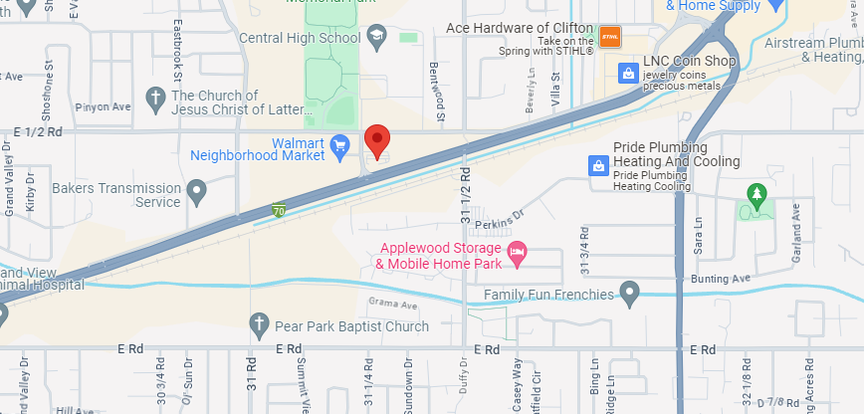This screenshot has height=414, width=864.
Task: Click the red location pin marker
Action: click(377, 141)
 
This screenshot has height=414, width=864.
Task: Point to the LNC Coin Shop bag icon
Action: click(628, 73)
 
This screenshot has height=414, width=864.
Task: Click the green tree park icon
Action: click(757, 191)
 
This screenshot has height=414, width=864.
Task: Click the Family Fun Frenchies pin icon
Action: click(629, 294)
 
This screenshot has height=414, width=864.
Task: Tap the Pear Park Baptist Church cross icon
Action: click(259, 325)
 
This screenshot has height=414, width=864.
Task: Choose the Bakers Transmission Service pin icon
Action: click(197, 189)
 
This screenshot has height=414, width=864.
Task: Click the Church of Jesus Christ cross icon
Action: click(154, 97)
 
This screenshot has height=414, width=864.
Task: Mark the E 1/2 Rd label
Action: click(38, 130)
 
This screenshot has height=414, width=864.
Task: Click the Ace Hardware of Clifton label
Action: click(519, 28)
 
